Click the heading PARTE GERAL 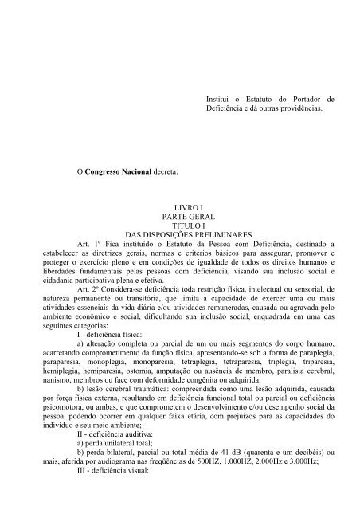(184, 214)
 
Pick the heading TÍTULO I (184, 224)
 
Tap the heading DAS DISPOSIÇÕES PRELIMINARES (184, 233)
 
